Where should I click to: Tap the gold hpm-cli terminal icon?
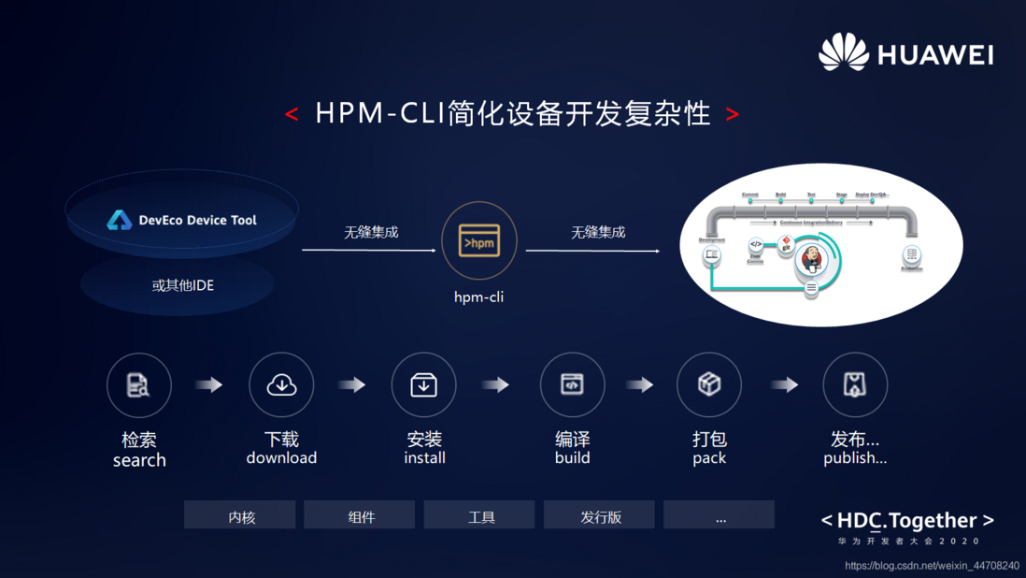[x=479, y=241]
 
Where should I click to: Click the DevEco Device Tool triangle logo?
[x=120, y=220]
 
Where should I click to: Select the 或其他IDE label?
[x=182, y=285]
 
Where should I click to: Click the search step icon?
[x=139, y=384]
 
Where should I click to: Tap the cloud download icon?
[x=281, y=384]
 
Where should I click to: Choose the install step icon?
[x=424, y=384]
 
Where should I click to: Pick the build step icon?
[x=572, y=384]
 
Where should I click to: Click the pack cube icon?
[x=709, y=384]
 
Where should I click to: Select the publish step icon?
[x=855, y=384]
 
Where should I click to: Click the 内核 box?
[x=240, y=515]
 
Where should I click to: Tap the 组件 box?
[x=360, y=515]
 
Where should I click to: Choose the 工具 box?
[x=479, y=515]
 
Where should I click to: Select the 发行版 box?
[x=599, y=515]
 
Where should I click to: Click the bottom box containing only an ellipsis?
[x=720, y=515]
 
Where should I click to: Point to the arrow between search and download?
[x=209, y=384]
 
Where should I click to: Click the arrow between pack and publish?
[x=784, y=384]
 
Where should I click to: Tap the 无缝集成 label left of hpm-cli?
[x=371, y=232]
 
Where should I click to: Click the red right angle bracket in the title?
[x=733, y=114]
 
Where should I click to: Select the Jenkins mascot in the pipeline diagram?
[x=811, y=261]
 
